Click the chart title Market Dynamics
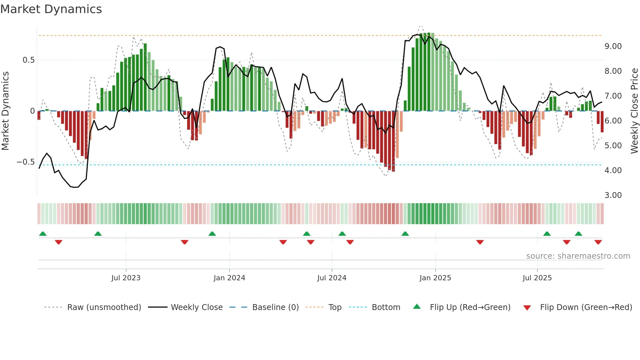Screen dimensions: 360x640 click(51, 9)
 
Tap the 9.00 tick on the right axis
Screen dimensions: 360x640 click(613, 46)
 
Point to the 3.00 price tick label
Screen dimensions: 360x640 click(613, 195)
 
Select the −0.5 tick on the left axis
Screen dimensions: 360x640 click(25, 162)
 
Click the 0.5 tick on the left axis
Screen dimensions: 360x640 click(28, 60)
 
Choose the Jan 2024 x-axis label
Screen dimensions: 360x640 click(229, 278)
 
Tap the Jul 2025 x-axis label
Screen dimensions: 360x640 click(537, 278)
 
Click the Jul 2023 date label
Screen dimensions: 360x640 click(126, 278)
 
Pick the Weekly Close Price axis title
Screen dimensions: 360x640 click(634, 111)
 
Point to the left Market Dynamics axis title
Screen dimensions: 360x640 click(5, 111)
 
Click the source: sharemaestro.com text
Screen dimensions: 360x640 click(578, 256)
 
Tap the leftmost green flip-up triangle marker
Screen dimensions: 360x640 click(43, 234)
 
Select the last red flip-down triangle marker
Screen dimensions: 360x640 click(598, 242)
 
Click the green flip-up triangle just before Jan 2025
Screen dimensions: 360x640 click(405, 234)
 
